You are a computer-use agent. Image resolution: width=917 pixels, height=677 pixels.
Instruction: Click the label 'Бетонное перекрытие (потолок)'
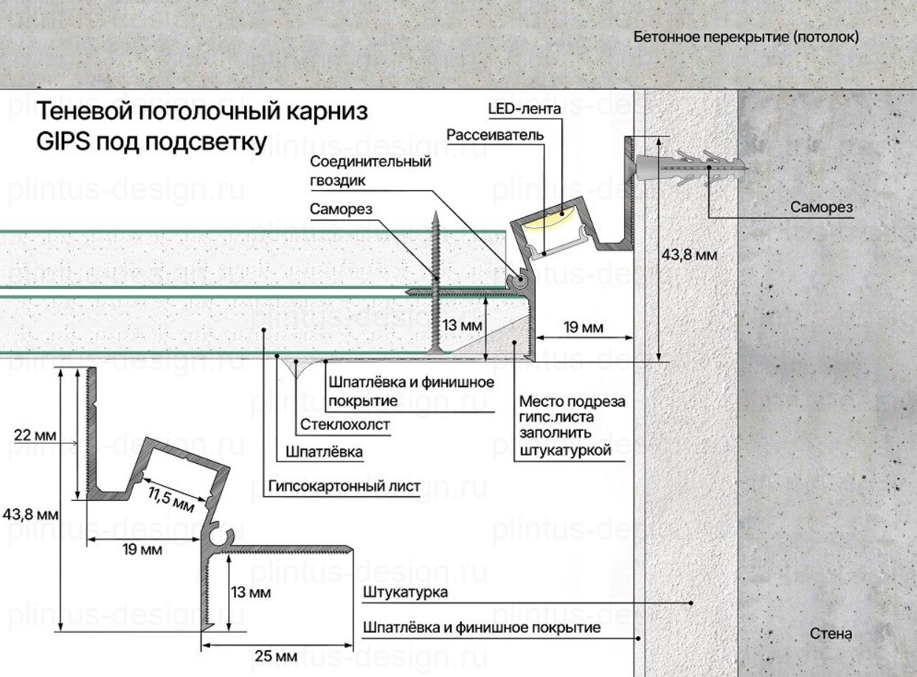(x=746, y=37)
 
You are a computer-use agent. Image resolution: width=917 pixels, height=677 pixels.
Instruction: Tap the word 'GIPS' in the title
(x=63, y=142)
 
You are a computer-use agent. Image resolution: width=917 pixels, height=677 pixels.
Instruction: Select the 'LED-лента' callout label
(x=525, y=110)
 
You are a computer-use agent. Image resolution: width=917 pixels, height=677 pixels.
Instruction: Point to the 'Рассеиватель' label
(x=496, y=135)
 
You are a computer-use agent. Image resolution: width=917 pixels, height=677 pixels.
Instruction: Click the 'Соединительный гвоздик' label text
(x=370, y=170)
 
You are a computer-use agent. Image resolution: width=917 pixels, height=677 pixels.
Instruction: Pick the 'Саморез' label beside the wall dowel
(x=821, y=207)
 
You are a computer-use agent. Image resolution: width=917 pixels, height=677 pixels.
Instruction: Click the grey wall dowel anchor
(x=686, y=168)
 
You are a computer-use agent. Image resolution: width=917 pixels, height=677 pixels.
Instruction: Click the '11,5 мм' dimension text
(x=169, y=499)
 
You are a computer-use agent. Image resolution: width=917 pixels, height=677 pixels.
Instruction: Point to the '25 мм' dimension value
(x=275, y=656)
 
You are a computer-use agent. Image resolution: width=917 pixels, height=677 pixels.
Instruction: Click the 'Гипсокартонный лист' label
(x=345, y=486)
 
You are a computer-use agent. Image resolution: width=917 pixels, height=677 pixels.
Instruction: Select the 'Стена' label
(x=831, y=633)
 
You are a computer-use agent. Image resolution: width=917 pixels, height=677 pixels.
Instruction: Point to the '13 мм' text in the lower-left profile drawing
(x=250, y=592)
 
